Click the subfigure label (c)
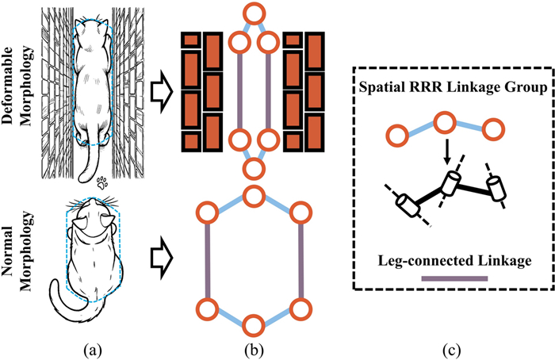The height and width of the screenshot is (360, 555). (448, 348)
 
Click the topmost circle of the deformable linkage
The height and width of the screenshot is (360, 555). (254, 13)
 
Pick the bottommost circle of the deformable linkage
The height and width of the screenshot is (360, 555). (254, 167)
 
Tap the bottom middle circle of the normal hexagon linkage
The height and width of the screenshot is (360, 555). (254, 324)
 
